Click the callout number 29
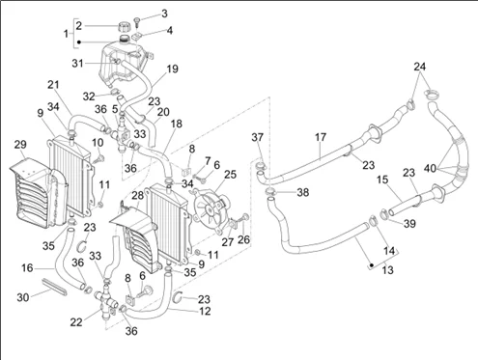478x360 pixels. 20,145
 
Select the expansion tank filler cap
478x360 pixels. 125,26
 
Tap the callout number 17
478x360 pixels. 321,137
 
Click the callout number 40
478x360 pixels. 430,168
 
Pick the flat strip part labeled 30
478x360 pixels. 55,286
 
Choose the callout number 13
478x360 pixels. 387,269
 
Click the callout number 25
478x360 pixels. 230,175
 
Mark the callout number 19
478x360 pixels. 172,69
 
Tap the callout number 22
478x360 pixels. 76,322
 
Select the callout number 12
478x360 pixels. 205,311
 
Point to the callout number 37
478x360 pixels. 258,137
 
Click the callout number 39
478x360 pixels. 409,224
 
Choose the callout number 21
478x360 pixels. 53,85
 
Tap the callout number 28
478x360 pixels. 137,195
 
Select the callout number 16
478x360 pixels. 27,267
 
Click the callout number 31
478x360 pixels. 77,64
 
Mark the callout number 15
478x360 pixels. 382,180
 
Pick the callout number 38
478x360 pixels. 302,192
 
